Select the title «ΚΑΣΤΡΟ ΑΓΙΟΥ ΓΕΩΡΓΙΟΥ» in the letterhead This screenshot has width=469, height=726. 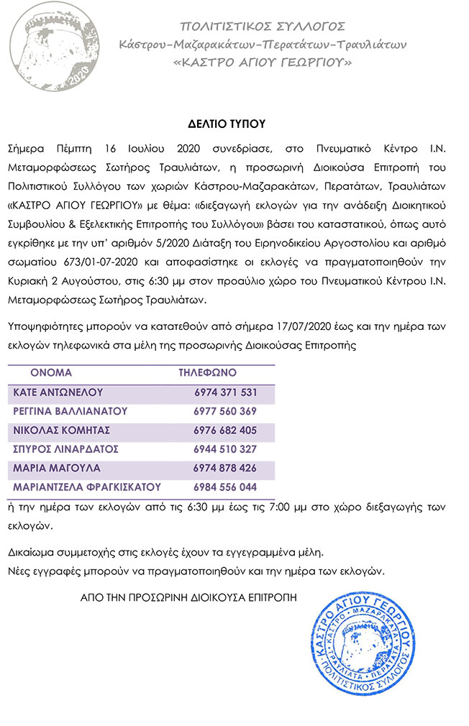263,63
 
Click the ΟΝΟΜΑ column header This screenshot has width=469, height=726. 51,373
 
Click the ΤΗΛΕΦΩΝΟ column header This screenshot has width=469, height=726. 207,373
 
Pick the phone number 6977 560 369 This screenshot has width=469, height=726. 225,411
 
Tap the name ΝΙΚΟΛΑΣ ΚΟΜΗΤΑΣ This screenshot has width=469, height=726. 62,430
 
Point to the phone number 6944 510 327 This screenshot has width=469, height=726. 225,449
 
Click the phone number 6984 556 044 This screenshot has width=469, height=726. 225,487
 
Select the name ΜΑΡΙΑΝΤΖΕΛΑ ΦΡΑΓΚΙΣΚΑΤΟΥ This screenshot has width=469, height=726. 87,487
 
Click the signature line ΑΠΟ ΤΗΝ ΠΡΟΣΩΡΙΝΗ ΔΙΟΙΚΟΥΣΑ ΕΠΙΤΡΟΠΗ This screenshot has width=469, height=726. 188,597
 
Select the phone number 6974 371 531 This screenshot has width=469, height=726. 225,392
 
